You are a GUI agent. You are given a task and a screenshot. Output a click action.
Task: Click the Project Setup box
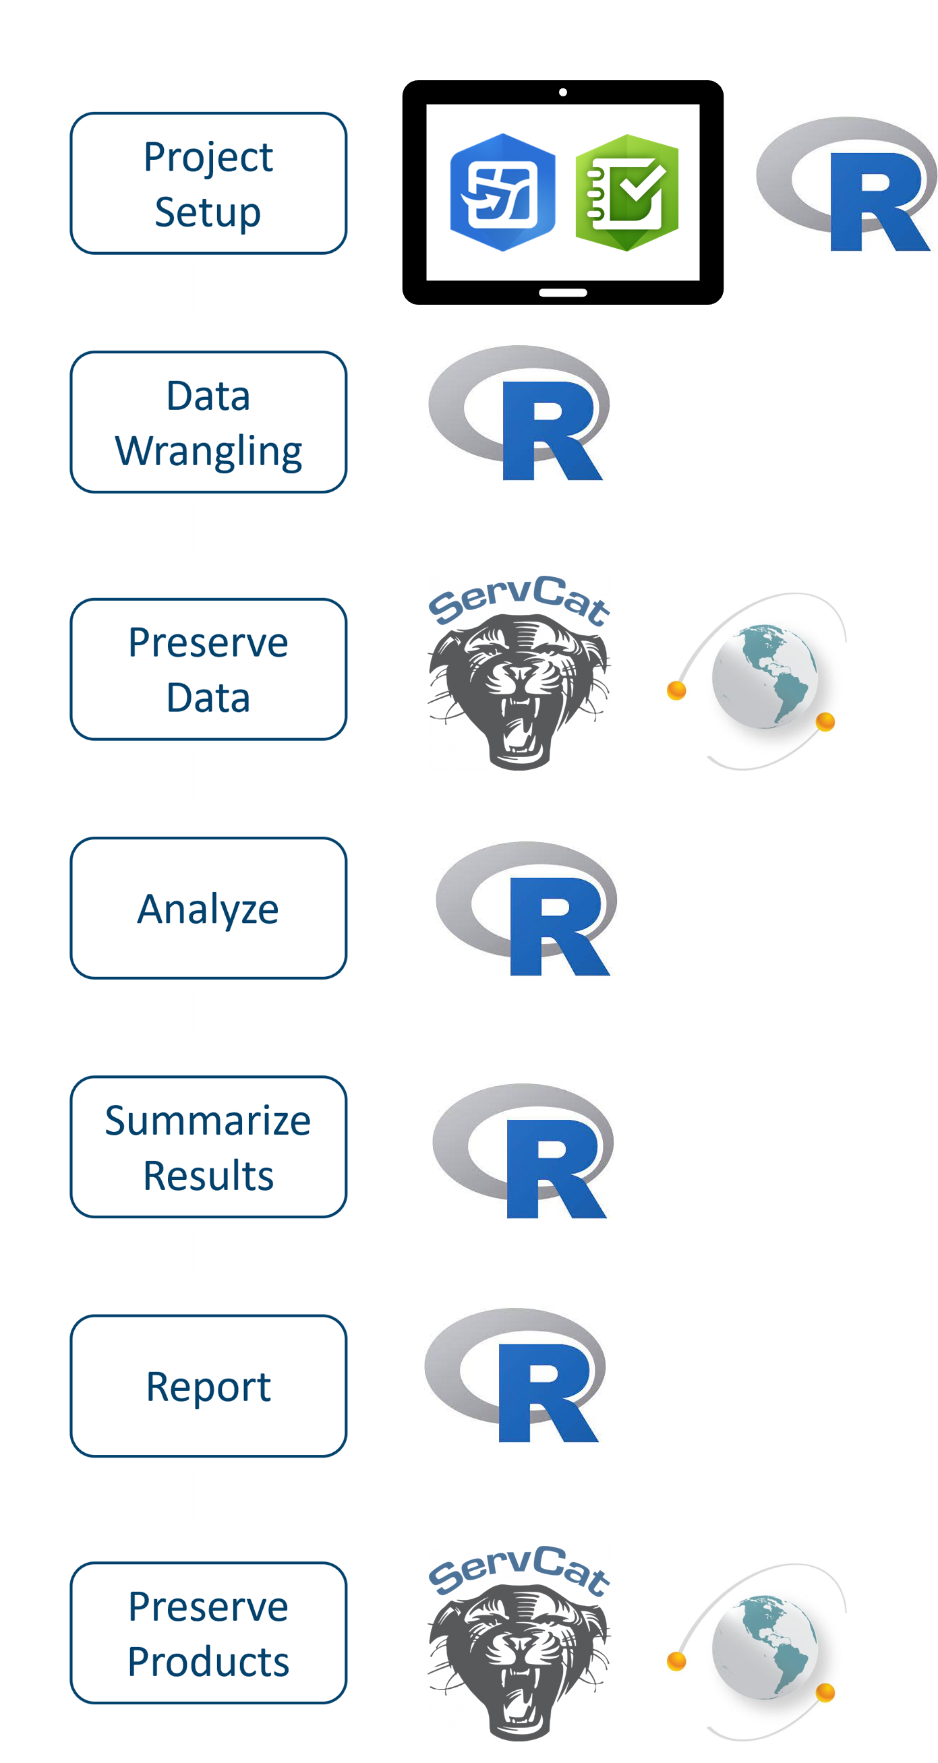coord(208,183)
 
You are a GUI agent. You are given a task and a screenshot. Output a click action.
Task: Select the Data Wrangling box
coord(208,422)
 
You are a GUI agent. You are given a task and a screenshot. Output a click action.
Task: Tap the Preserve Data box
coord(208,669)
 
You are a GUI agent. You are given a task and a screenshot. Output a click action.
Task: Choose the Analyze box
coord(208,908)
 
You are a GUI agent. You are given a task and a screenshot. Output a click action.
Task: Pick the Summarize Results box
coord(208,1147)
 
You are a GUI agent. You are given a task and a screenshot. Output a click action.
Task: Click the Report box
coord(208,1386)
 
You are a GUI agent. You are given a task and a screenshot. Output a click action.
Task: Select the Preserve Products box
coord(208,1633)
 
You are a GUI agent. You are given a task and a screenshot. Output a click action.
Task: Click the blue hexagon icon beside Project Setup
coord(502,192)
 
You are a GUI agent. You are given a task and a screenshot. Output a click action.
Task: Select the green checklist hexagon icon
coord(626,192)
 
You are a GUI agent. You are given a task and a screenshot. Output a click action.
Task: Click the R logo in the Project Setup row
coord(846,183)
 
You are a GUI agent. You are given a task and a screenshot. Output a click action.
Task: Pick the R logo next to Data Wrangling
coord(519,412)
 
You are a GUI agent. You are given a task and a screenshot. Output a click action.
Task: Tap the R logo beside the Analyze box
coord(526,908)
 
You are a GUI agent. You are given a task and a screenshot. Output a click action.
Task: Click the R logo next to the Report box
coord(515,1375)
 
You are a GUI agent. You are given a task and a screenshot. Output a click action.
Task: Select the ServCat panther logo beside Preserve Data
coord(519,673)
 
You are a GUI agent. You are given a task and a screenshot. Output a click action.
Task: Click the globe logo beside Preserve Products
coord(757,1652)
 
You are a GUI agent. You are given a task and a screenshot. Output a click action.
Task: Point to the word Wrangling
coord(208,451)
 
